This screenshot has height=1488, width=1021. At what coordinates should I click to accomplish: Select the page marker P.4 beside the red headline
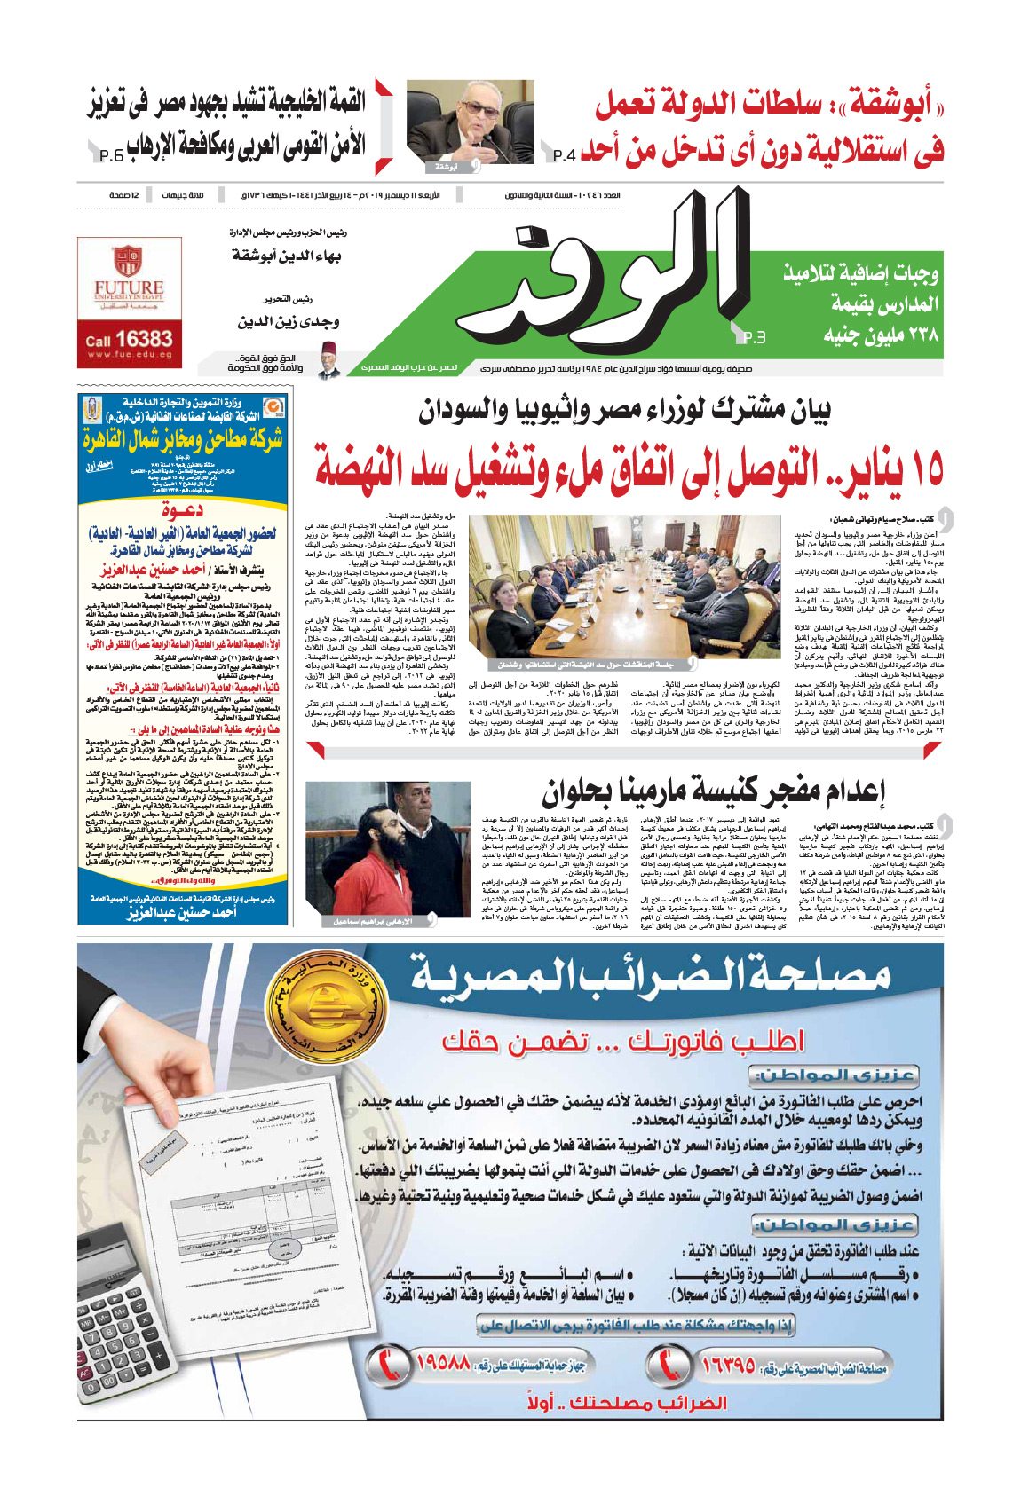pyautogui.click(x=565, y=156)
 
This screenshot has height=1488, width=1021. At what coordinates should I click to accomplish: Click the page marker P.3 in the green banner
pyautogui.click(x=754, y=337)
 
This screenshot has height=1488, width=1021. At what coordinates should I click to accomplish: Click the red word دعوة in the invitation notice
pyautogui.click(x=182, y=510)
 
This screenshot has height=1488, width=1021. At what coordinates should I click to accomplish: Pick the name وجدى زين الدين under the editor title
pyautogui.click(x=289, y=322)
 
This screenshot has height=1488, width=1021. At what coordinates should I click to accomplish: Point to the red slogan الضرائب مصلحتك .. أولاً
pyautogui.click(x=626, y=1404)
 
